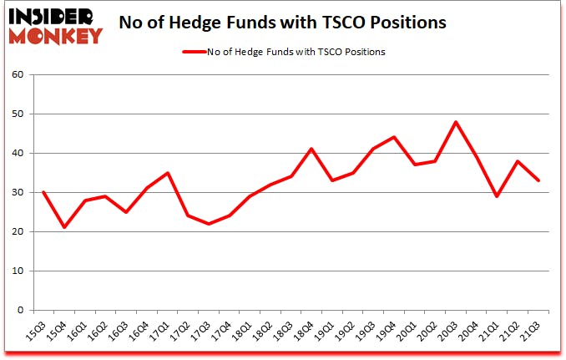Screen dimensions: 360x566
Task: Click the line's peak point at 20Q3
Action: click(456, 122)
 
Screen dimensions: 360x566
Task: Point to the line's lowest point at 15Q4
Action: click(64, 227)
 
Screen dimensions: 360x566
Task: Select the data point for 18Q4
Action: click(311, 149)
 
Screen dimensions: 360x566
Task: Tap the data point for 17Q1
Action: click(168, 173)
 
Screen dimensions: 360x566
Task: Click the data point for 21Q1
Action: click(498, 196)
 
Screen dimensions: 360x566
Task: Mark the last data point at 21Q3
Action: click(538, 180)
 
